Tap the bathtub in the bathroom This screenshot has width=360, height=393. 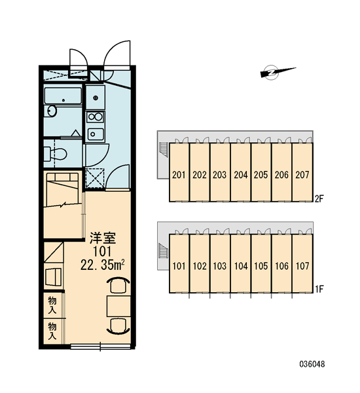(63, 96)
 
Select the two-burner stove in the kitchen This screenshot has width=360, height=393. (95, 117)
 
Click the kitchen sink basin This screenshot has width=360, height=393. (95, 134)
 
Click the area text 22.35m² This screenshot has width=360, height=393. (103, 265)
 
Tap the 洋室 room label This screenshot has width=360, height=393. (103, 238)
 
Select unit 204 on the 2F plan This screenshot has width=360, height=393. (240, 175)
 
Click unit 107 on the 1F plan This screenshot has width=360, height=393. (302, 266)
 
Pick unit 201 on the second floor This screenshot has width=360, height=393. (179, 175)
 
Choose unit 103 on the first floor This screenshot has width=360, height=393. (220, 266)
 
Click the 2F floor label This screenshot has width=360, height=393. (319, 199)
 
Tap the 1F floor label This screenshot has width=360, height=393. (319, 290)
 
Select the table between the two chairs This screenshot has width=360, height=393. (118, 307)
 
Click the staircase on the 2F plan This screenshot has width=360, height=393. (163, 149)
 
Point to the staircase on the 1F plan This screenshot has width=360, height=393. (163, 251)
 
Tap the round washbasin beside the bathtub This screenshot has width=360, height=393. (52, 111)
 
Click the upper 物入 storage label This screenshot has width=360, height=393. (52, 305)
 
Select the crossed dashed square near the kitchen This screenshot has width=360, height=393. (95, 178)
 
